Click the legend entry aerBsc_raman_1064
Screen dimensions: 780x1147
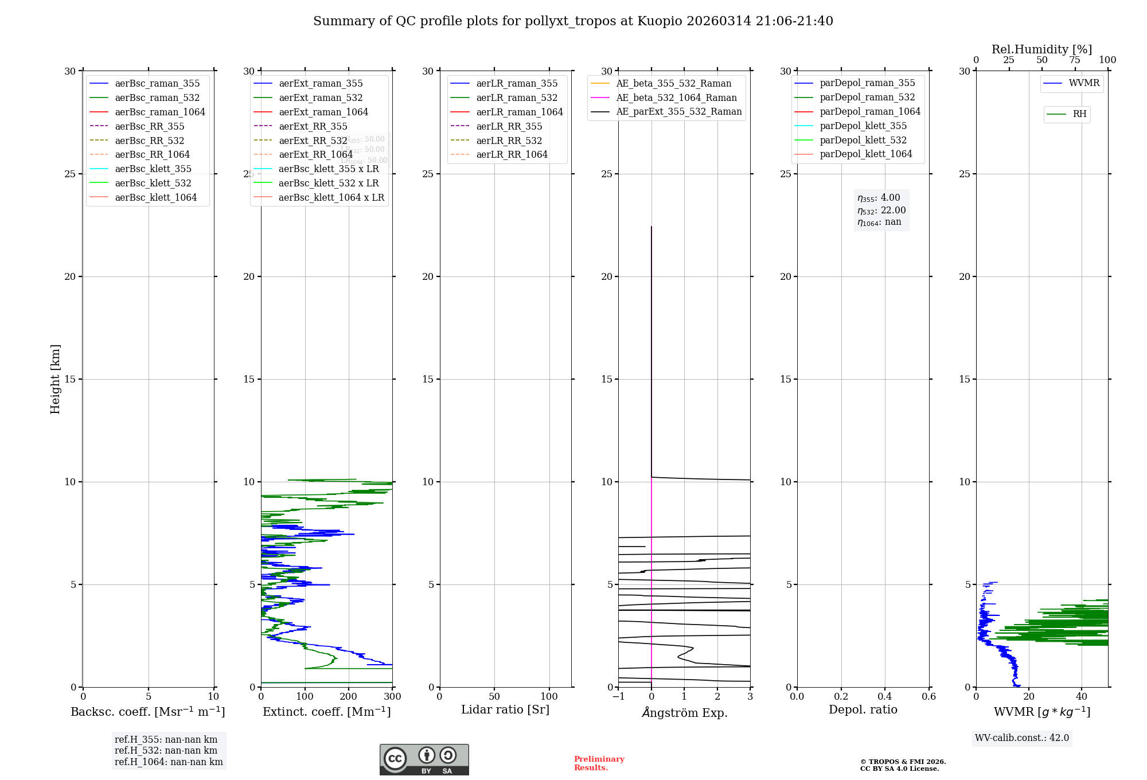[159, 112]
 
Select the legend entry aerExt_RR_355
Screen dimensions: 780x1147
[313, 126]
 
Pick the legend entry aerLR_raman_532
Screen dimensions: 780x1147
[516, 97]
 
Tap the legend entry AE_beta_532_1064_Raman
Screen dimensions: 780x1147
[676, 97]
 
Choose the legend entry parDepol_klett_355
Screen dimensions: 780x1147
[863, 126]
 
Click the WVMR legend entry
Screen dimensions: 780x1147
[1083, 83]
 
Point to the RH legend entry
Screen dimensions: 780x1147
[1079, 114]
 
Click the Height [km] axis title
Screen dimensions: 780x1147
[55, 379]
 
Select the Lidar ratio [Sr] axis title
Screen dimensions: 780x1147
[505, 709]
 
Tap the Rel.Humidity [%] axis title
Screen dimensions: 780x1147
[1041, 49]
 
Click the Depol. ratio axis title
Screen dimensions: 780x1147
[863, 709]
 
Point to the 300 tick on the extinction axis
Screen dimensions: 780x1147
[393, 697]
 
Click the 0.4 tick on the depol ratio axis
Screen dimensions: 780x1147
[885, 697]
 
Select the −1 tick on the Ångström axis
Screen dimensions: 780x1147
[618, 697]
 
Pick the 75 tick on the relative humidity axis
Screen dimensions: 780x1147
[1075, 60]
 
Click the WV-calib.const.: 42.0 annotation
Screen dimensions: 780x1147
[1021, 738]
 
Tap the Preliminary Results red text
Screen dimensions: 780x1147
[599, 763]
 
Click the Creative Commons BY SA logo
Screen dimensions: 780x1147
[424, 759]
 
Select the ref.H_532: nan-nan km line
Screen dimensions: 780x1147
[166, 750]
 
